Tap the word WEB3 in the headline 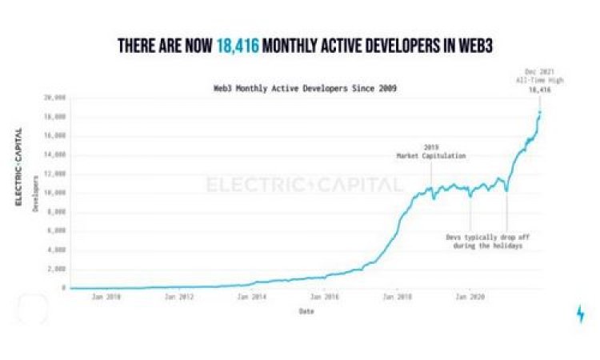click(465, 47)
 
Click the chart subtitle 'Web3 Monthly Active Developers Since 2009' click(299, 87)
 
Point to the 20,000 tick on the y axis click(54, 98)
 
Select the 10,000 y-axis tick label click(54, 193)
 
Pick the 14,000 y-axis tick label click(54, 154)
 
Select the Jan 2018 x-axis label click(398, 297)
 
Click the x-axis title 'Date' click(306, 310)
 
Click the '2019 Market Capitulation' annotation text click(432, 151)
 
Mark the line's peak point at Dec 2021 click(540, 112)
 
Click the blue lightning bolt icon click(580, 314)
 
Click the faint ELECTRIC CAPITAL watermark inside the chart click(305, 186)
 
